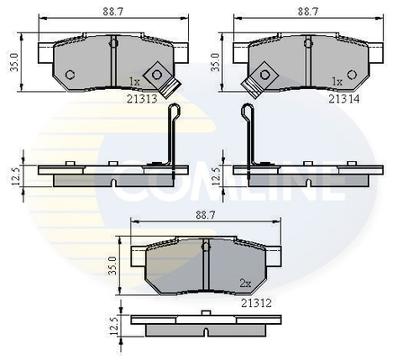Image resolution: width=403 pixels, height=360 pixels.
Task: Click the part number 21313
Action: [x=142, y=99]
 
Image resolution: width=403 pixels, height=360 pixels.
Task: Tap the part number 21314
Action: [x=344, y=99]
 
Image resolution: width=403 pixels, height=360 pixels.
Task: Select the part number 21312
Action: [x=256, y=303]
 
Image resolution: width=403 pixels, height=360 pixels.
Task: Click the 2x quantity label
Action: [x=246, y=283]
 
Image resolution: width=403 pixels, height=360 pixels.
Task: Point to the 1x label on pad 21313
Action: [x=134, y=81]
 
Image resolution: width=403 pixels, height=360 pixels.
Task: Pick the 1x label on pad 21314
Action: [x=337, y=81]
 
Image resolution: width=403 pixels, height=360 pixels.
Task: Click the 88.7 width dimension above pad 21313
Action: [x=113, y=12]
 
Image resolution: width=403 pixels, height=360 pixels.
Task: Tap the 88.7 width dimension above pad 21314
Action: [x=308, y=12]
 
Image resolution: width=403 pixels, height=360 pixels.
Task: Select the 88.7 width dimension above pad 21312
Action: [x=205, y=215]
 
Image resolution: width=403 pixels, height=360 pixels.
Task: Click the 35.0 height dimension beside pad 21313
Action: [x=14, y=62]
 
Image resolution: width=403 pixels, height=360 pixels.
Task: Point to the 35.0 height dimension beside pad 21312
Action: [x=112, y=265]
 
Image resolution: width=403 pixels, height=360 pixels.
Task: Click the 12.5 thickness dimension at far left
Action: [x=16, y=175]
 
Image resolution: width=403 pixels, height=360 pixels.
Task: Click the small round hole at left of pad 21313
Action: [x=70, y=75]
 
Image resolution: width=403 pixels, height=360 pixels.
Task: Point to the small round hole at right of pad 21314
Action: [x=352, y=75]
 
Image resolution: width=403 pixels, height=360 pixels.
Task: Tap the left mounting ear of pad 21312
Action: [x=139, y=256]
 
